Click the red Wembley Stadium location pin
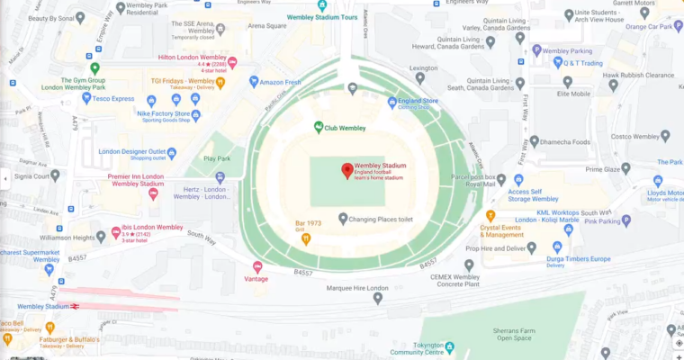pos(346,170)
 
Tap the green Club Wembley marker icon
pos(319,128)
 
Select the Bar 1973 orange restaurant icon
pos(306,238)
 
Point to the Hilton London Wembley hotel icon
pos(232,62)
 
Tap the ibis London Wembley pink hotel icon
pos(116,232)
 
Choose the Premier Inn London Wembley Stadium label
pos(136,180)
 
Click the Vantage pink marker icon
pos(257,266)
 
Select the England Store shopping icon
pos(391,102)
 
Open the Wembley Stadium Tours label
pos(322,17)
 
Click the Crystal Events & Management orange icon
pos(490,216)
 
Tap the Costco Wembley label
pos(626,136)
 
